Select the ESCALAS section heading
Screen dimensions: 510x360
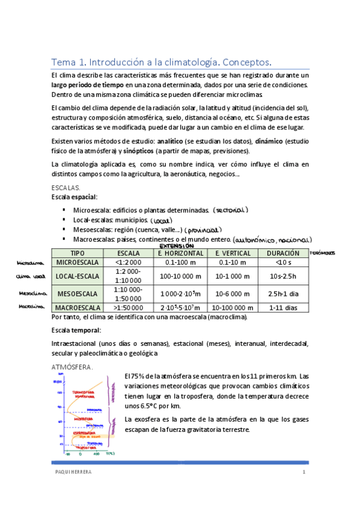67,188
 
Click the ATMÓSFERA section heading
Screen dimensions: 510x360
73,366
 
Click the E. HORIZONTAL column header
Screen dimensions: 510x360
180,253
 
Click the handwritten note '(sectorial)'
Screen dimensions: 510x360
230,210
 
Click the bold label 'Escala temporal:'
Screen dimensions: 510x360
76,330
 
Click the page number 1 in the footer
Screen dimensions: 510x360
304,473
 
